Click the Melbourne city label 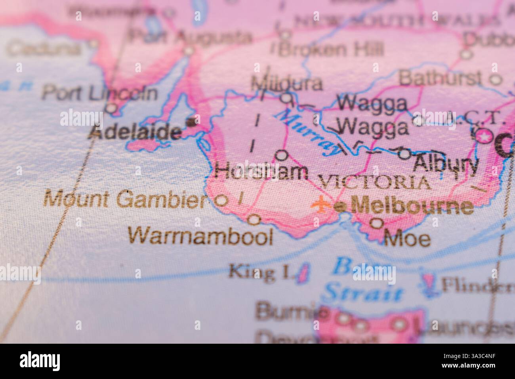point(412,207)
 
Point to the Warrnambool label point(201,237)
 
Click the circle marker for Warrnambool point(254,219)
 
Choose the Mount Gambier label point(126,199)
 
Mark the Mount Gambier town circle point(221,200)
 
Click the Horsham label point(261,172)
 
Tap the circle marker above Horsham point(281,155)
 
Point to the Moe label point(407,239)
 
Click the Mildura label point(286,84)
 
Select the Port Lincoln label point(99,93)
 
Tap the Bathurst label point(440,78)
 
